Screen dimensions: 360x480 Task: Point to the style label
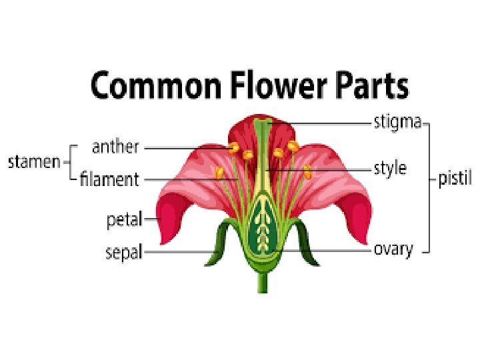pyautogui.click(x=390, y=169)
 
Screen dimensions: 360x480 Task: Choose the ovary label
pyautogui.click(x=393, y=250)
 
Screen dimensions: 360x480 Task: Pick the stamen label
pyautogui.click(x=34, y=162)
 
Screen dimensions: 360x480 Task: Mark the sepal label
pyautogui.click(x=124, y=252)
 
